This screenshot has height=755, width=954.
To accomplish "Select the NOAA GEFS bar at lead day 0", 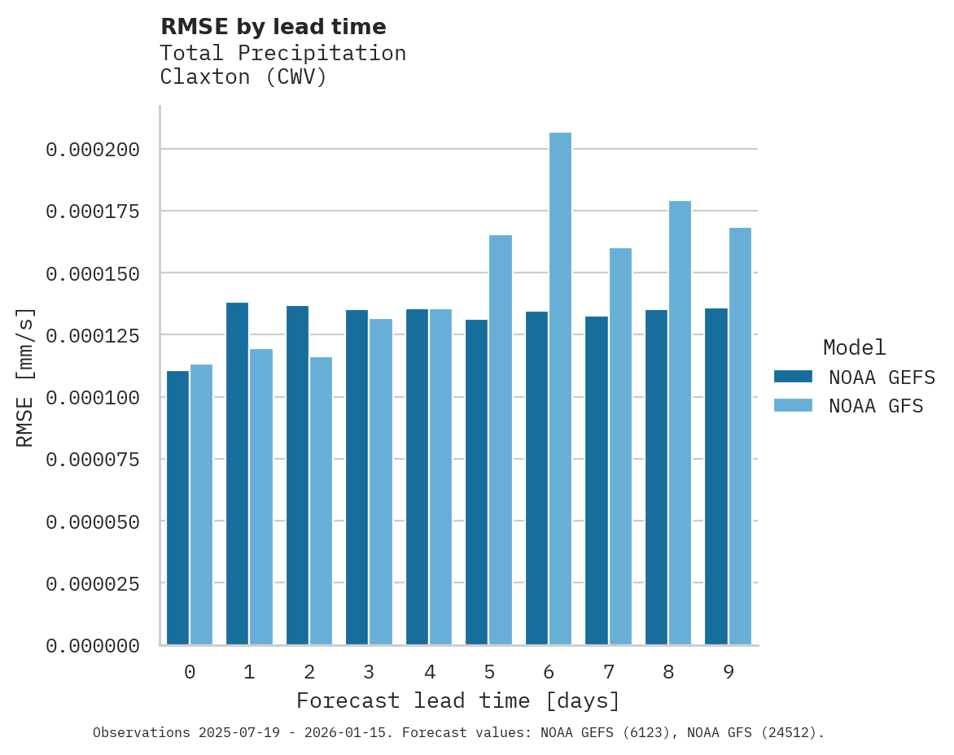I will (177, 508).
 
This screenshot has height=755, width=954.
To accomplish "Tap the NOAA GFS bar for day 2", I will (321, 500).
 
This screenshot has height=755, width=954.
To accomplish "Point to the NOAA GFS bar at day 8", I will (680, 423).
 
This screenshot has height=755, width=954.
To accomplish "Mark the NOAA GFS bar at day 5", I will (501, 439).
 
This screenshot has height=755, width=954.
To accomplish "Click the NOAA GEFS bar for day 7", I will (597, 480).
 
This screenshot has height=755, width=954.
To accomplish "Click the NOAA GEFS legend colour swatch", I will (793, 376).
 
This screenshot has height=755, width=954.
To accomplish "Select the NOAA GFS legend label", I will (876, 405).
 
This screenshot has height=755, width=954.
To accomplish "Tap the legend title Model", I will (854, 347).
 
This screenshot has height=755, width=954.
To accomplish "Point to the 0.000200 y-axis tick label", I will (93, 150).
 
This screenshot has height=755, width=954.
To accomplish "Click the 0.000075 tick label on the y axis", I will (93, 460).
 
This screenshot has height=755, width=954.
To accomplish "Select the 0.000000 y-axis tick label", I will (93, 646).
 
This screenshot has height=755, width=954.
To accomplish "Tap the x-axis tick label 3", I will (369, 672).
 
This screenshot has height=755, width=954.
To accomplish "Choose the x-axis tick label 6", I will (549, 672).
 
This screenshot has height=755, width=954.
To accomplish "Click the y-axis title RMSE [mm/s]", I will (25, 377).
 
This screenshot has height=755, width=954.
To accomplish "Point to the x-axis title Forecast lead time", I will (457, 700).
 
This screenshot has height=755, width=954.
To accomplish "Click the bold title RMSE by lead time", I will (273, 27).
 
